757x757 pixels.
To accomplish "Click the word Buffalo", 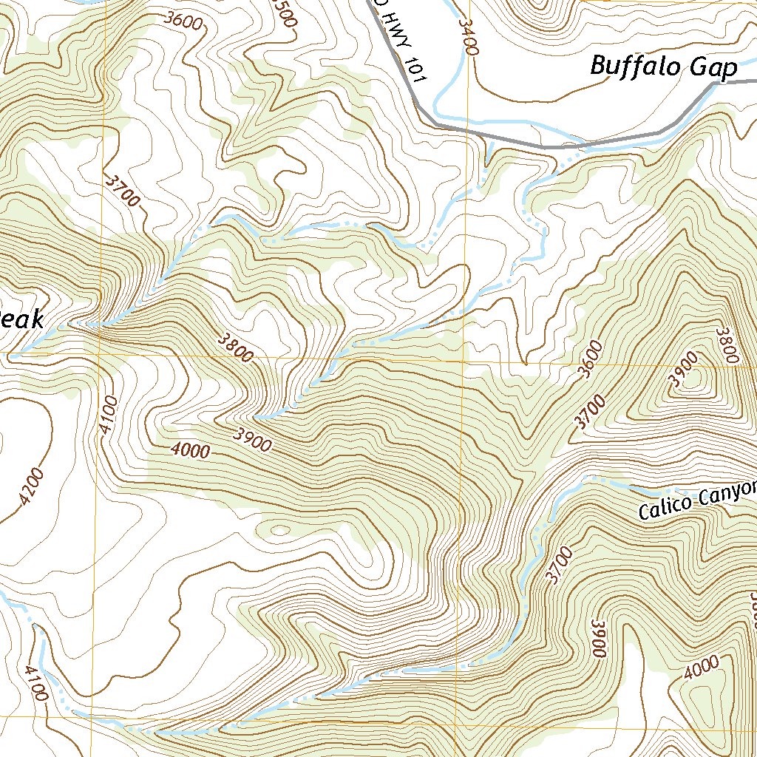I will click(x=634, y=67).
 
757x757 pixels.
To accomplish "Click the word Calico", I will click(x=664, y=507).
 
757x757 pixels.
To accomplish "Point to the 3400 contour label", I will click(x=468, y=37).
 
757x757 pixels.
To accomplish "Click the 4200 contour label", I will click(x=32, y=488).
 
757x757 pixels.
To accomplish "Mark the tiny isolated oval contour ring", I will click(x=279, y=529).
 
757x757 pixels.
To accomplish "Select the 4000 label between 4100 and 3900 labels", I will click(x=190, y=449).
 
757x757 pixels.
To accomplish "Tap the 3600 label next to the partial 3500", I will click(x=185, y=22).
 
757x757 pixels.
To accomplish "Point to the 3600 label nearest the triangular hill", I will click(x=591, y=360).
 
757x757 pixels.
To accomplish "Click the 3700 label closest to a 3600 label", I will click(x=589, y=413).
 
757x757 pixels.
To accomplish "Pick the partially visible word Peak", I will click(x=21, y=319).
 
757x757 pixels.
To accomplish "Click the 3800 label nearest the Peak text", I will click(x=236, y=347).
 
